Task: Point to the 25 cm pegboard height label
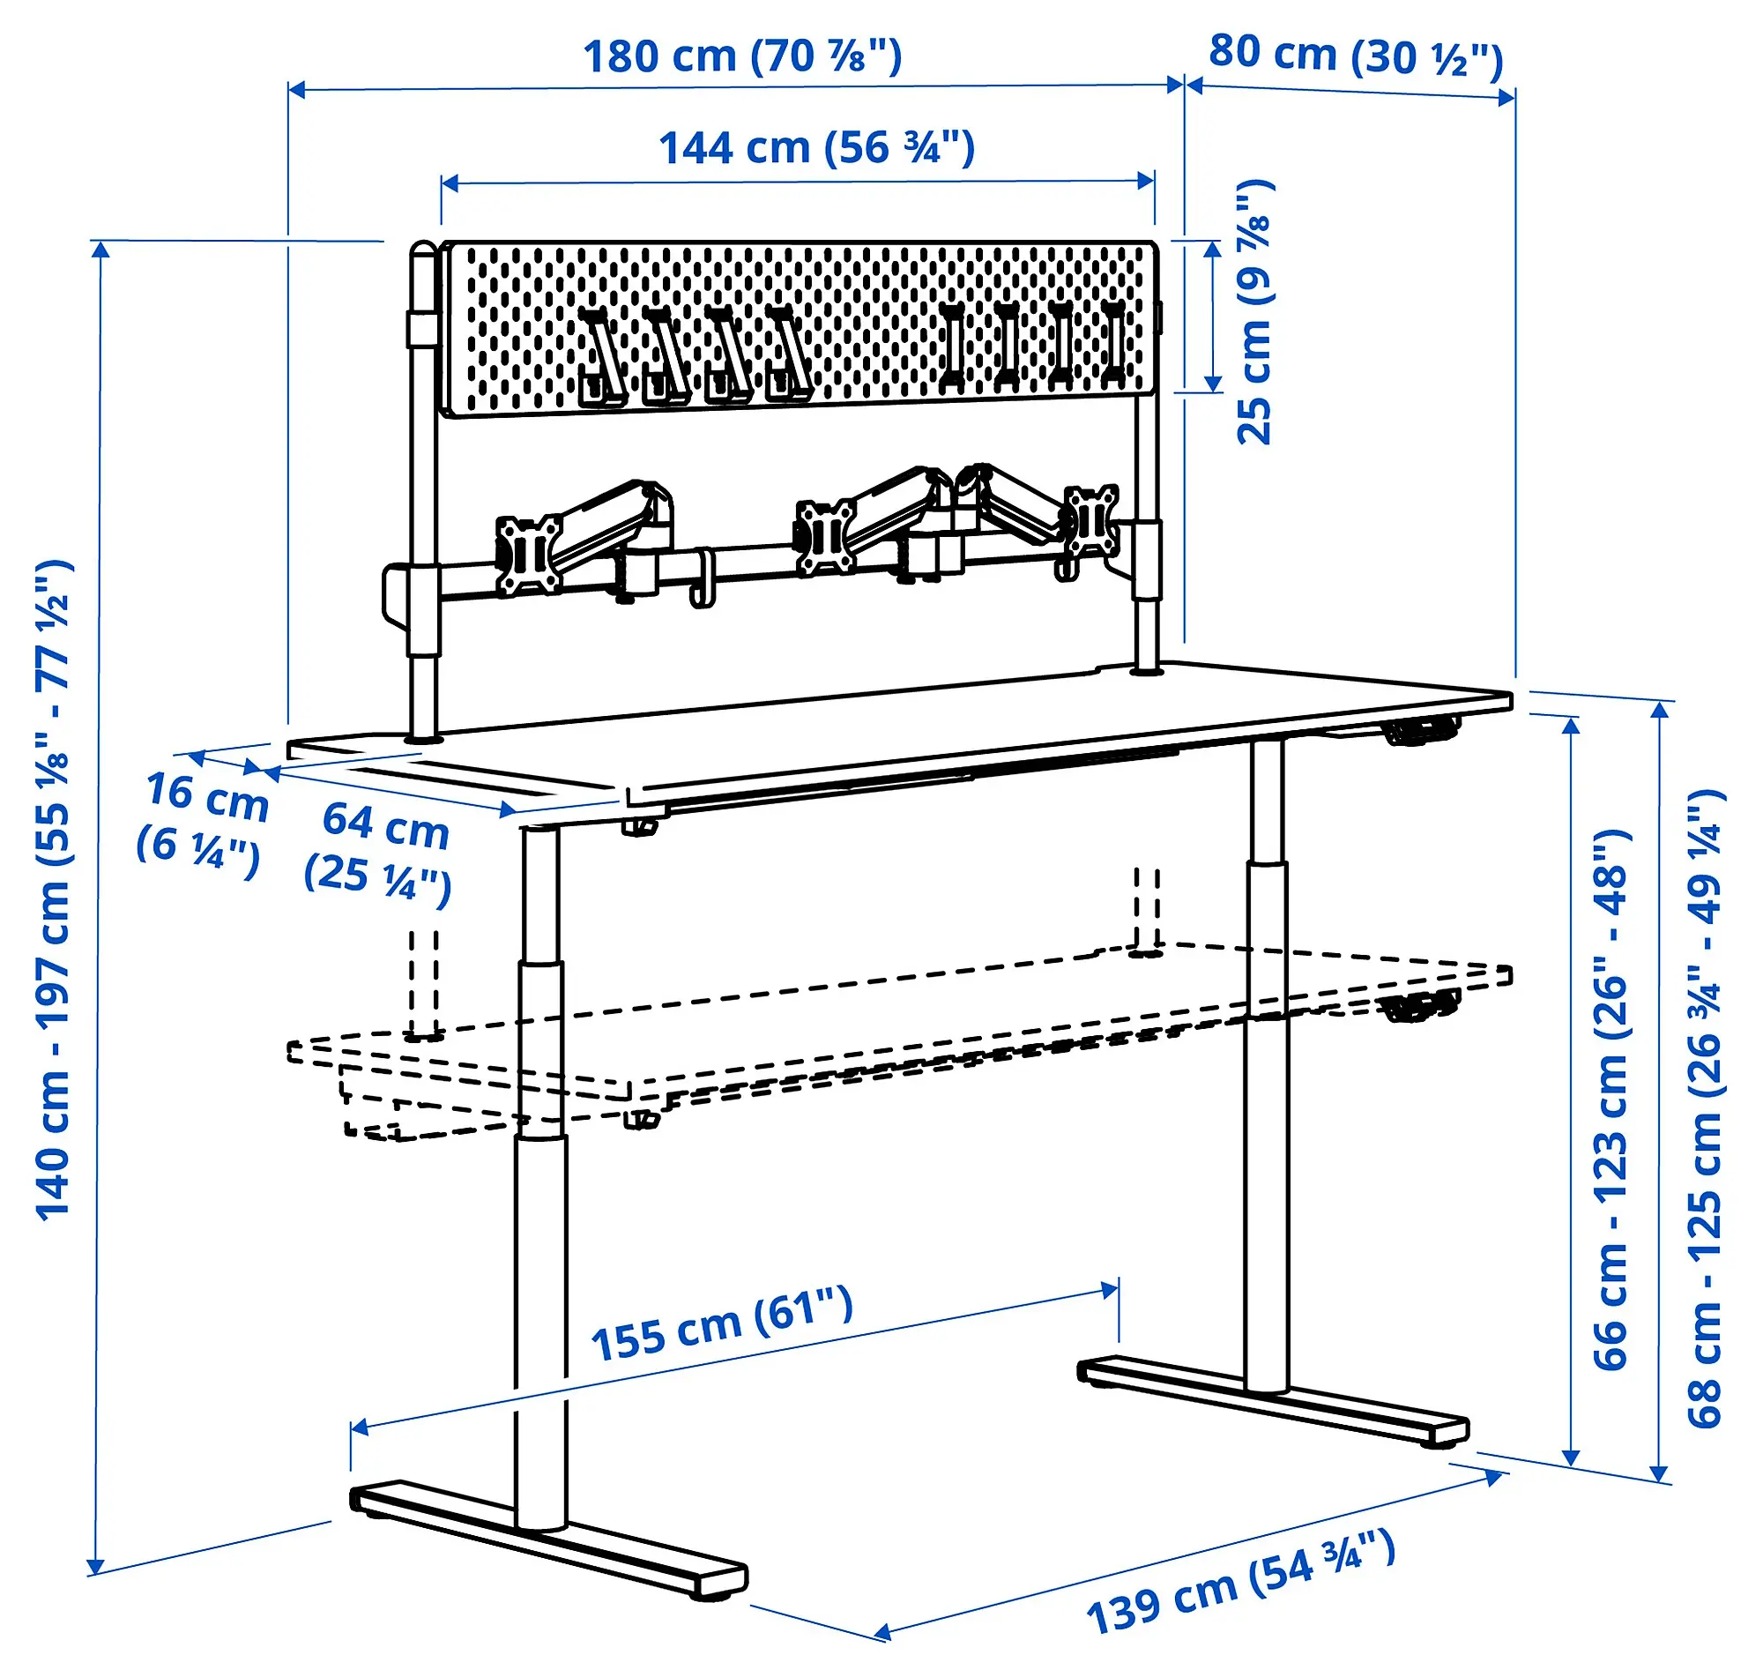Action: [1254, 311]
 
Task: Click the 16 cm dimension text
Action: [204, 818]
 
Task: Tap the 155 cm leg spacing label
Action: [722, 1327]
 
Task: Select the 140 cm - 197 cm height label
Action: [54, 890]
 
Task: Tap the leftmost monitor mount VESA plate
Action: [529, 555]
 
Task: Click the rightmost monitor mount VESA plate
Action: [1092, 521]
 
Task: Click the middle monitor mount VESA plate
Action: [825, 536]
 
